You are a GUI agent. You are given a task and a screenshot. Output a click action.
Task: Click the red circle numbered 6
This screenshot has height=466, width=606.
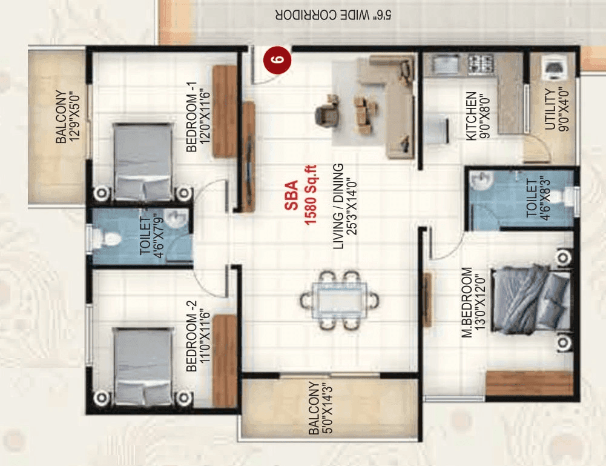pyautogui.click(x=277, y=60)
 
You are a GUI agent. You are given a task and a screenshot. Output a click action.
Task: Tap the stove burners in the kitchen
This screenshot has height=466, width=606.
pyautogui.click(x=479, y=63)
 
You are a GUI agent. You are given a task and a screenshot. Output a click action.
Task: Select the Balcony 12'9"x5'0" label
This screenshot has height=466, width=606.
pyautogui.click(x=67, y=118)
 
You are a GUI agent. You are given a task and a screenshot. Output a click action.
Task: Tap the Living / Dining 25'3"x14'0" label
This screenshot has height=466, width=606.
pyautogui.click(x=346, y=206)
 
